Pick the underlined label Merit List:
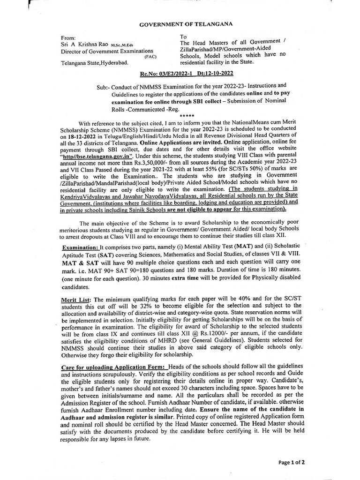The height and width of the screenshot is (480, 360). coord(76,299)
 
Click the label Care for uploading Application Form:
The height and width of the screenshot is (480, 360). coord(114,365)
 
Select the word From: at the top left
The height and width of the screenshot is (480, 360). coord(68,37)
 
